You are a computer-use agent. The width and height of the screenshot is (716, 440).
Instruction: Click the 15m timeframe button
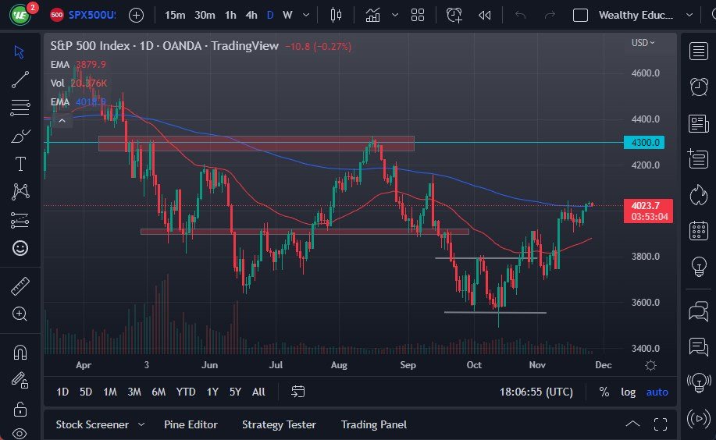click(x=175, y=15)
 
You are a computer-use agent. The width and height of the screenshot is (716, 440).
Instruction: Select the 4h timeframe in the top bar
click(x=251, y=15)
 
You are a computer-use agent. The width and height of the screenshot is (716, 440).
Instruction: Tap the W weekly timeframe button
click(x=287, y=15)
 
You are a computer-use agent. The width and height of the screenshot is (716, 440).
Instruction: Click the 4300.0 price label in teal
click(x=647, y=143)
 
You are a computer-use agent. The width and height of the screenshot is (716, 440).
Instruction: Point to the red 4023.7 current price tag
click(x=647, y=206)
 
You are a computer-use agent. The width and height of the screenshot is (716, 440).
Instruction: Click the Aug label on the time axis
click(x=338, y=364)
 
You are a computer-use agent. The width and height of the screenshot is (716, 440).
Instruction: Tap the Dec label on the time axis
click(x=603, y=364)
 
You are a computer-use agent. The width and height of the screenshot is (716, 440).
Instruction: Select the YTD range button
click(x=186, y=392)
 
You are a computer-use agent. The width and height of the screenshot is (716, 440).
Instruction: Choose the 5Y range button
click(x=234, y=392)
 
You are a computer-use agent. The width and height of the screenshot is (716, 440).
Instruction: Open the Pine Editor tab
click(x=191, y=424)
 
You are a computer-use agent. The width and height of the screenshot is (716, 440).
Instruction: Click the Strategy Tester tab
click(x=279, y=424)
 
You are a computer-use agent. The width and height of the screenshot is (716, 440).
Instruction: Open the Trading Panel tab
click(x=373, y=424)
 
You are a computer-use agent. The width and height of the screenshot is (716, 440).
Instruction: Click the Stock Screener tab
click(x=92, y=424)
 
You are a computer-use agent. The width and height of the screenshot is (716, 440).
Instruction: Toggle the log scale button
click(x=628, y=392)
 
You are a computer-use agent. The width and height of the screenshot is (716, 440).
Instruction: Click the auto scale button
click(x=657, y=392)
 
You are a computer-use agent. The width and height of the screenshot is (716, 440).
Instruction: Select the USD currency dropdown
click(x=643, y=43)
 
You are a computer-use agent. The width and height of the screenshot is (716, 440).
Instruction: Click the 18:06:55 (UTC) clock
click(x=536, y=392)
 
